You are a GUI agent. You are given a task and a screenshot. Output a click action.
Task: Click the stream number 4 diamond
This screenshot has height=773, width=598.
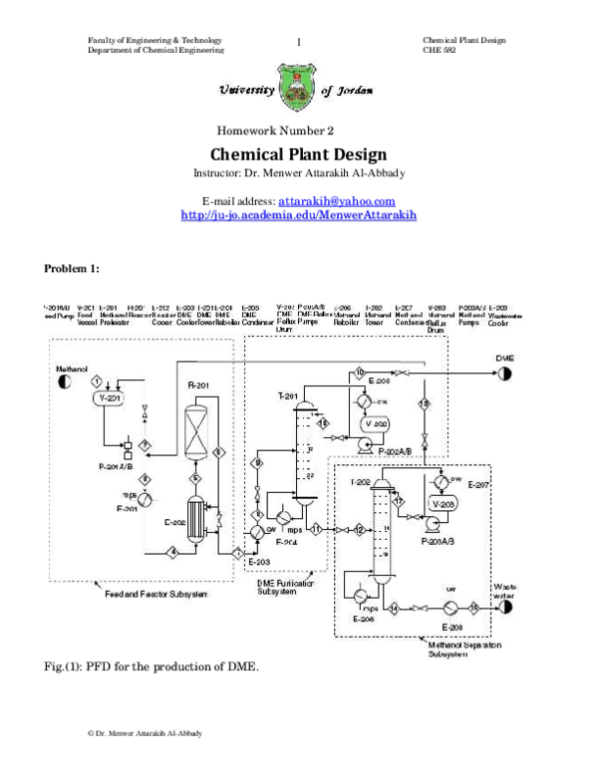click(172, 551)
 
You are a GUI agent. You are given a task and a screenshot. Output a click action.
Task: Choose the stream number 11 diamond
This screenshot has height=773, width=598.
click(317, 529)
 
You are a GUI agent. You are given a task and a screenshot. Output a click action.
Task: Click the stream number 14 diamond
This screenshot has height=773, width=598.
click(395, 607)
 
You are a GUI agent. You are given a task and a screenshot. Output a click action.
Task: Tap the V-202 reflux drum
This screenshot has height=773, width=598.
click(375, 423)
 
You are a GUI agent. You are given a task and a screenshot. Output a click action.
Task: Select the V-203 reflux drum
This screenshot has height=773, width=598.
click(442, 504)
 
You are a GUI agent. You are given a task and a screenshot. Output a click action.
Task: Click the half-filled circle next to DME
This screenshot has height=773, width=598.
click(505, 374)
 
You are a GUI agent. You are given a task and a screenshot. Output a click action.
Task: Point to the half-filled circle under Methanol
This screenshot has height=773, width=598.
click(65, 381)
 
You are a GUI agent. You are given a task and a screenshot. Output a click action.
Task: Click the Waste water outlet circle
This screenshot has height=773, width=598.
click(503, 607)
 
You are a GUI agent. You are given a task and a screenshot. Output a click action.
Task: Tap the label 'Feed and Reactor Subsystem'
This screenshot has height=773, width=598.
click(155, 596)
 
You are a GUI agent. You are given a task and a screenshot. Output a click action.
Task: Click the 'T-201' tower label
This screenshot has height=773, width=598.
click(289, 396)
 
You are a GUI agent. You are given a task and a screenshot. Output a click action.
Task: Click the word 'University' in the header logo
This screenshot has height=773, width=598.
click(246, 90)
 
